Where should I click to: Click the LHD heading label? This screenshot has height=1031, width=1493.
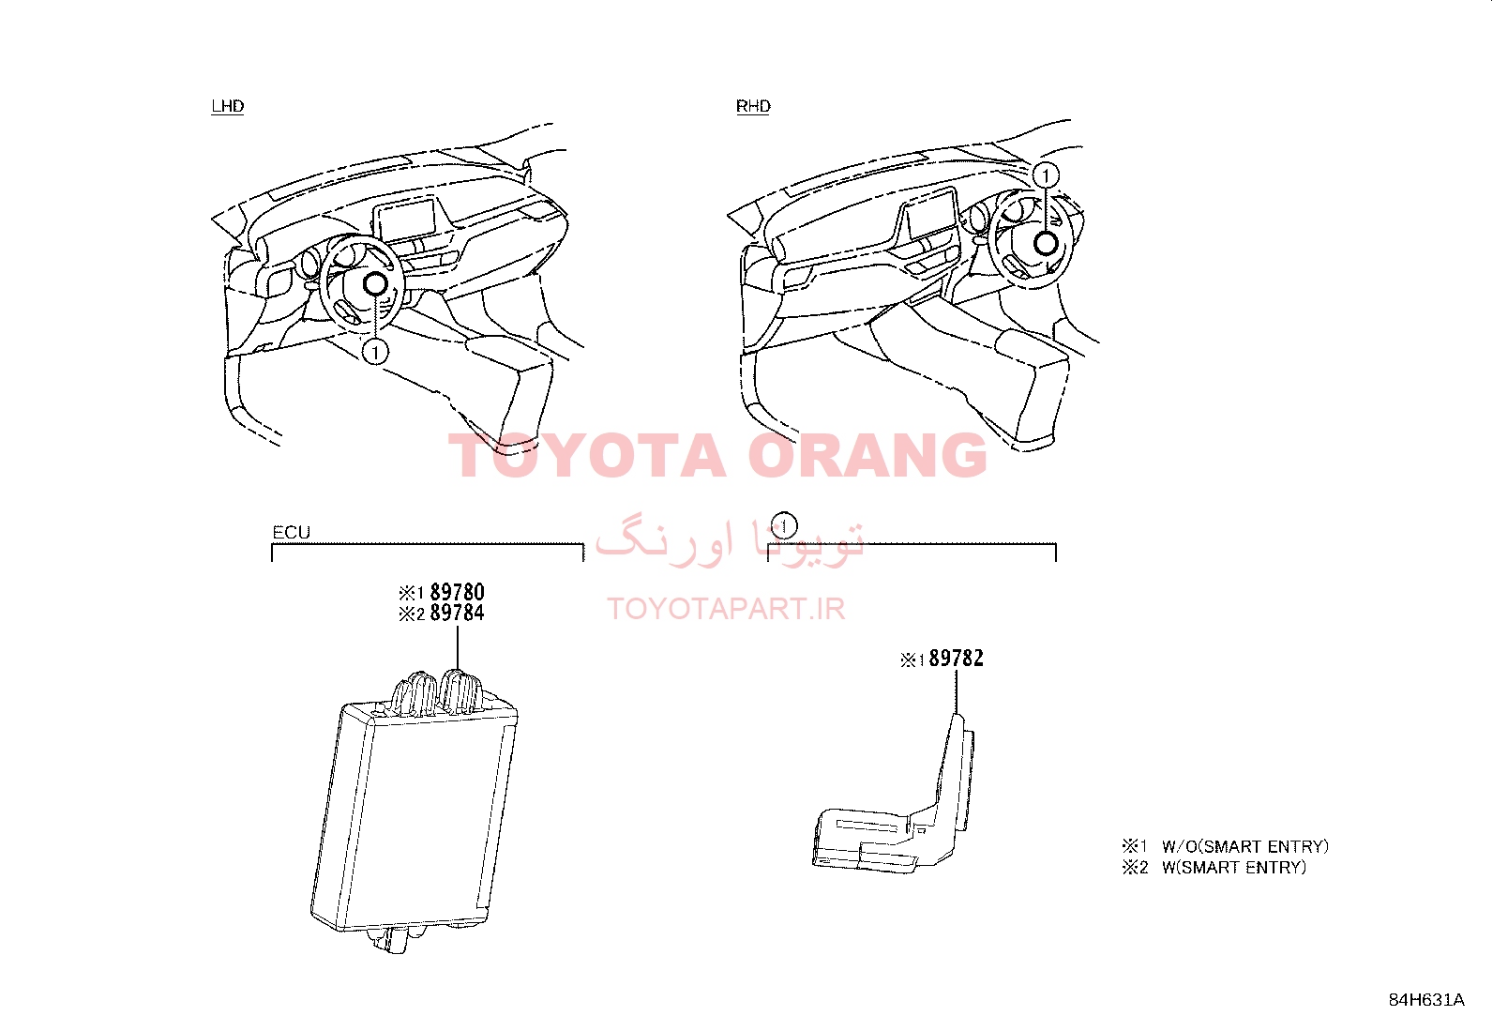click(x=227, y=106)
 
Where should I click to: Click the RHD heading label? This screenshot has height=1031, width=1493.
click(x=753, y=106)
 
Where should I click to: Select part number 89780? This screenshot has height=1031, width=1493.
click(x=458, y=592)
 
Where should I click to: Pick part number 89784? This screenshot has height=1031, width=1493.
click(x=458, y=613)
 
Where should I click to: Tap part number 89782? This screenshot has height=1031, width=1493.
click(x=956, y=659)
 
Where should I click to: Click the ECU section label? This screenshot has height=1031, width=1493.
click(x=292, y=532)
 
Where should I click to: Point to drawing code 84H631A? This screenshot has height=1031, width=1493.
click(x=1426, y=1000)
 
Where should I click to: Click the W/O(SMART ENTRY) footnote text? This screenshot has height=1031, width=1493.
click(x=1245, y=846)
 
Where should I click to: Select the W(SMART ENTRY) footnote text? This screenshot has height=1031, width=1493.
click(x=1234, y=867)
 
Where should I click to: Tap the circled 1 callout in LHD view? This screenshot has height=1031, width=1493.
click(x=375, y=352)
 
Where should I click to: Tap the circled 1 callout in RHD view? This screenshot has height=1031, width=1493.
click(x=1045, y=175)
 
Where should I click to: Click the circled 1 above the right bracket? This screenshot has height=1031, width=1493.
click(x=784, y=525)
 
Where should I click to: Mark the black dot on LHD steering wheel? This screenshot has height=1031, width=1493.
click(x=374, y=284)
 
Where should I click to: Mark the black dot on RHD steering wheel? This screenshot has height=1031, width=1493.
click(x=1046, y=243)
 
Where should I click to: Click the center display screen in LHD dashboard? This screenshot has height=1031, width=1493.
click(x=405, y=220)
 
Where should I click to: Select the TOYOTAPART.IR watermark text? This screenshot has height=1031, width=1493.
click(x=726, y=609)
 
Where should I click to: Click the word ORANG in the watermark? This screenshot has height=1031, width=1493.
click(x=867, y=456)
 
